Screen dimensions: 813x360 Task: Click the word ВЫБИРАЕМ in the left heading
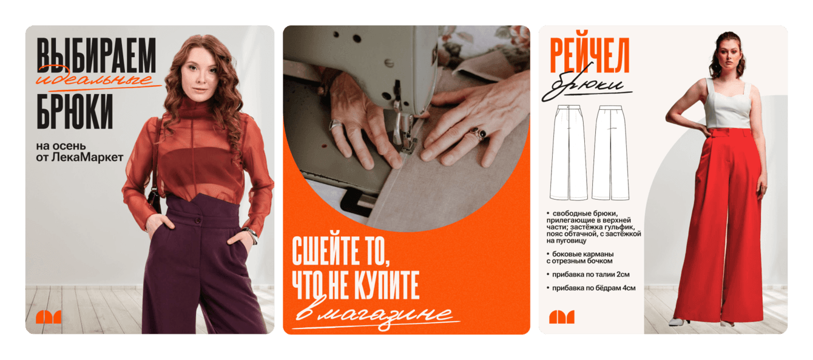pyautogui.click(x=96, y=55)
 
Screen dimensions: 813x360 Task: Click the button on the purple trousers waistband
pyautogui.click(x=198, y=220)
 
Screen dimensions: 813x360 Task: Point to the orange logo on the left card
pyautogui.click(x=49, y=317)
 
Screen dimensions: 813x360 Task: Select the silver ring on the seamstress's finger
pyautogui.click(x=336, y=124)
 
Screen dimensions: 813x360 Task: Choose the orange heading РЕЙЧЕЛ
pyautogui.click(x=590, y=55)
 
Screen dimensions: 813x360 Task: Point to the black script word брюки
pyautogui.click(x=588, y=83)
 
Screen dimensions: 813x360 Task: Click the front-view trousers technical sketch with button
pyautogui.click(x=568, y=152)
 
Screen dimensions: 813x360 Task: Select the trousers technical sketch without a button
pyautogui.click(x=610, y=152)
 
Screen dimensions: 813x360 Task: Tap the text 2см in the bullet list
pyautogui.click(x=623, y=274)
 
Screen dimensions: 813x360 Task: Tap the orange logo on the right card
pyautogui.click(x=562, y=317)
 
